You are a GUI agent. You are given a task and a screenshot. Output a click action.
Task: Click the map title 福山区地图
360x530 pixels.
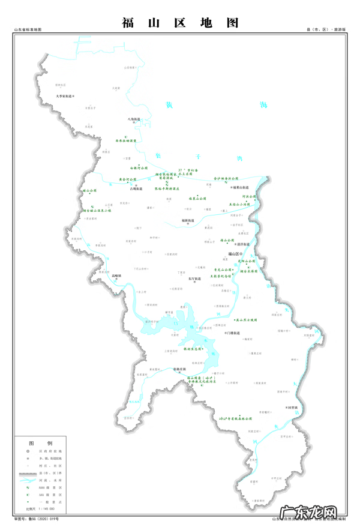pyautogui.click(x=180, y=23)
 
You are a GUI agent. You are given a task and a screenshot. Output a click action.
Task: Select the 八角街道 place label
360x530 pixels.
pyautogui.click(x=133, y=119)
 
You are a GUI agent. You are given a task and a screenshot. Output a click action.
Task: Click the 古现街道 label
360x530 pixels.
pyautogui.click(x=136, y=189)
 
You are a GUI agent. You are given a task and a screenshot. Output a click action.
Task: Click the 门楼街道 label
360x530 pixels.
pyautogui.click(x=233, y=333)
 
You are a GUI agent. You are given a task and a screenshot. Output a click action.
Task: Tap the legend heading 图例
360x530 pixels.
pyautogui.click(x=46, y=442)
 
